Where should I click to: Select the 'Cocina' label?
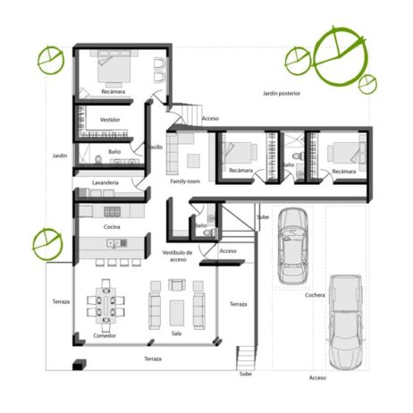tap(112, 227)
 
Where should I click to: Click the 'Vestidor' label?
tap(110, 120)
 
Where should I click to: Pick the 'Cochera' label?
tap(315, 295)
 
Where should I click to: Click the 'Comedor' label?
tap(105, 335)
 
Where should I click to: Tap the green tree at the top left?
tap(50, 61)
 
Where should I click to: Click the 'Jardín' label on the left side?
tap(60, 156)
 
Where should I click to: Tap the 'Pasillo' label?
tap(156, 147)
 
